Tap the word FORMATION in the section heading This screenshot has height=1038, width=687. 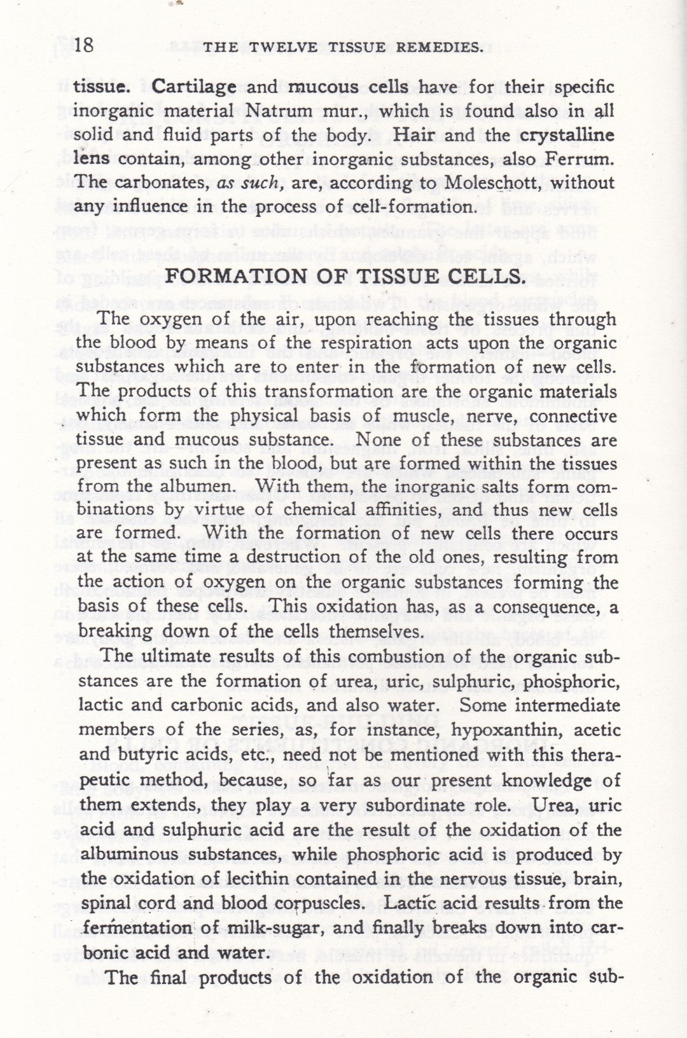(233, 277)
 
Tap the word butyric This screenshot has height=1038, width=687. (147, 756)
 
